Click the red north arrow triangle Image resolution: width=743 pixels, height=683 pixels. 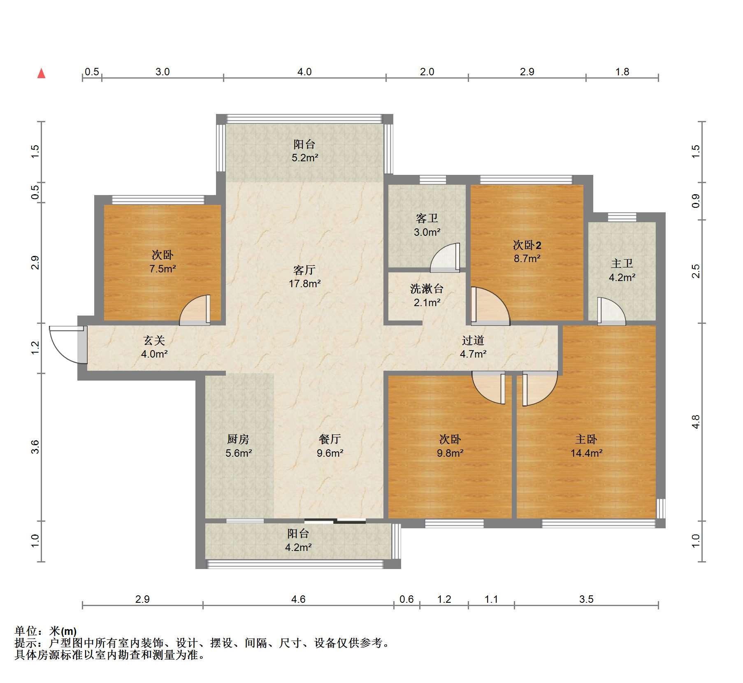(x=41, y=73)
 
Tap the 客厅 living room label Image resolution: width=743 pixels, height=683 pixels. (x=304, y=270)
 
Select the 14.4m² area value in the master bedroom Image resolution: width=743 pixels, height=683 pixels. (x=586, y=453)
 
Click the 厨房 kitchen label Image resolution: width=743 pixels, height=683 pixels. (x=238, y=439)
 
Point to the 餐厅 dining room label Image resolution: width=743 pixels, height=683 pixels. (x=330, y=439)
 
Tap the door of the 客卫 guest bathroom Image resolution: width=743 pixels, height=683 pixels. (x=445, y=258)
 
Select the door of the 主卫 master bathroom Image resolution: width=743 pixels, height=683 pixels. (x=611, y=311)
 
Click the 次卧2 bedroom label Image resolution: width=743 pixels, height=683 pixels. (x=527, y=245)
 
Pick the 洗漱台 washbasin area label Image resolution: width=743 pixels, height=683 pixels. (x=427, y=289)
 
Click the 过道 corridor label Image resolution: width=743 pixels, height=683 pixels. (x=473, y=340)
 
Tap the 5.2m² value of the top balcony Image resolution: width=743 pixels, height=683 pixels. (x=305, y=158)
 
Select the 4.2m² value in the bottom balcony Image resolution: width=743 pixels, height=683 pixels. (x=298, y=547)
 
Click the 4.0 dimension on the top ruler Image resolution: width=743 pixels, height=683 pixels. (x=304, y=72)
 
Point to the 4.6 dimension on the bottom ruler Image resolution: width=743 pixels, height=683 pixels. (x=298, y=599)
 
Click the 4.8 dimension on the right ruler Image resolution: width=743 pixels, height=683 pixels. (x=696, y=422)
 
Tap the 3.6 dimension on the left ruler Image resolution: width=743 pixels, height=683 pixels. (x=35, y=447)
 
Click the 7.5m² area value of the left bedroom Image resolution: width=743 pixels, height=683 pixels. (x=163, y=269)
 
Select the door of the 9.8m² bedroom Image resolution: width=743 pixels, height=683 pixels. (x=489, y=388)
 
